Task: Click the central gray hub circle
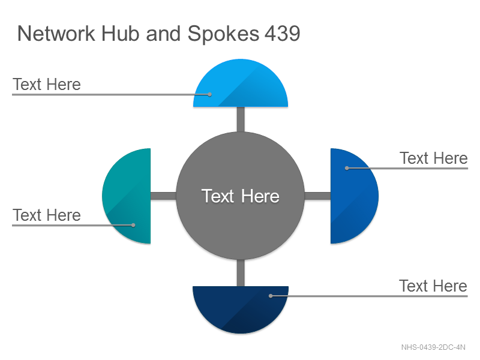coord(241,196)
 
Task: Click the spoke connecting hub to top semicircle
coord(241,119)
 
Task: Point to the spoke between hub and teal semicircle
coord(163,196)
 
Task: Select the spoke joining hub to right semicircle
coord(318,196)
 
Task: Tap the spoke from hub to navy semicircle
coord(241,273)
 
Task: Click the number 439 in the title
coord(282,34)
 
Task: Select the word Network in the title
coord(56,34)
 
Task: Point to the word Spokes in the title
coord(223,34)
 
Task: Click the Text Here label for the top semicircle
coord(47,84)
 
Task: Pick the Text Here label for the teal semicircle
coord(47,215)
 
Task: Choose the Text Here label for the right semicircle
coord(434,158)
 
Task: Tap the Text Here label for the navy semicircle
coord(433,286)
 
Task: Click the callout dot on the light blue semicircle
coord(209,95)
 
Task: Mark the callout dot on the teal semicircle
coord(133,225)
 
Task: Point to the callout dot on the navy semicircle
coord(271,296)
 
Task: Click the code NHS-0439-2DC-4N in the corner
coord(433,347)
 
